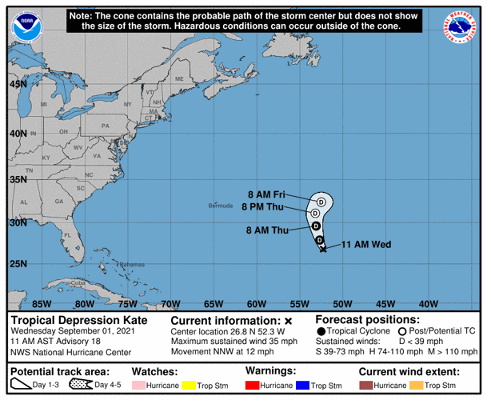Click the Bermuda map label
(x=220, y=205)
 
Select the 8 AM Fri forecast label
(x=266, y=194)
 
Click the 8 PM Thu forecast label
(x=263, y=207)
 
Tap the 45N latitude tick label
(x=18, y=83)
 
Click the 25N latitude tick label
(x=18, y=264)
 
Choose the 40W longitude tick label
(x=429, y=303)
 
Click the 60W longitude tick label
(x=256, y=303)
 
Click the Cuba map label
(x=78, y=283)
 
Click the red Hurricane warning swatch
(x=254, y=386)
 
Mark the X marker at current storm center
(x=322, y=250)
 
